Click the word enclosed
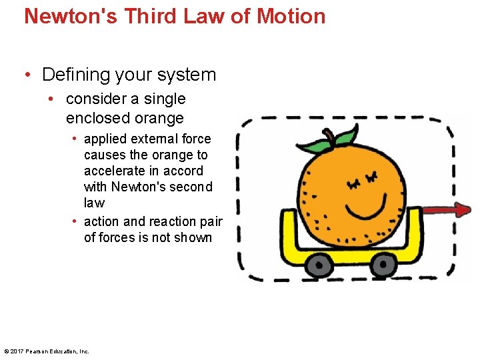point(93,118)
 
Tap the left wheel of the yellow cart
point(320,266)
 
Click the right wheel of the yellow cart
point(383,265)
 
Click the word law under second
point(94,203)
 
